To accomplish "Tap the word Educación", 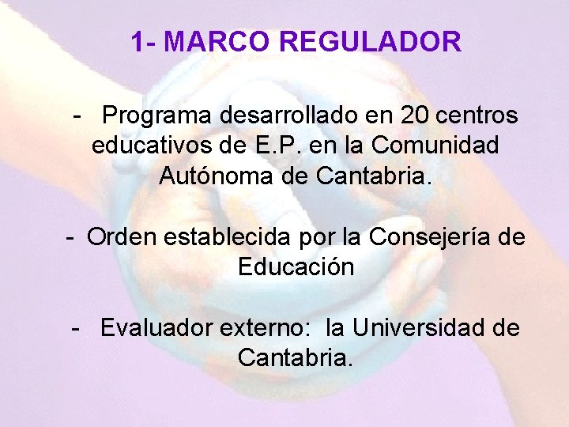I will pyautogui.click(x=295, y=266).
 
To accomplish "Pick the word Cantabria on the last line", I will pyautogui.click(x=295, y=357).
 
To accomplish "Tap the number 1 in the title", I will pyautogui.click(x=138, y=41).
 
